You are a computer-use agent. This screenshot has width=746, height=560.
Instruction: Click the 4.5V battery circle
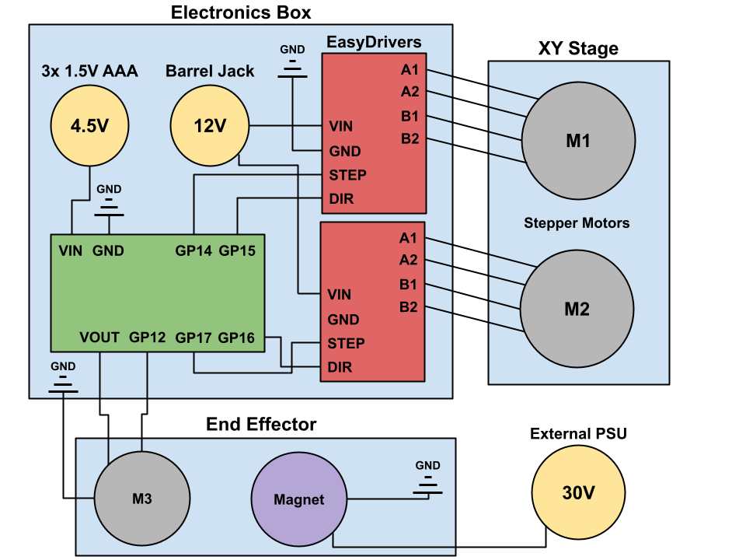pos(89,125)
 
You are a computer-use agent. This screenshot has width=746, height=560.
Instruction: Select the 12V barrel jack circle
pos(210,125)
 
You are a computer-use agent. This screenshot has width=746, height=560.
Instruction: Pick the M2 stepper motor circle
pos(576,309)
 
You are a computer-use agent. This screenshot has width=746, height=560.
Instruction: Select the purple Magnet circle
pos(299,499)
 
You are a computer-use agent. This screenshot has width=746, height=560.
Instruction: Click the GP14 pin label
pos(193,250)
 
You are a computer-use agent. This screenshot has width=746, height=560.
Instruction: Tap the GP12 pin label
pos(148,338)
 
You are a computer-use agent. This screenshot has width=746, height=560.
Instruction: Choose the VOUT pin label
pos(99,338)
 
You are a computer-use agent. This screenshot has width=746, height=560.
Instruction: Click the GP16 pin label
pos(237,338)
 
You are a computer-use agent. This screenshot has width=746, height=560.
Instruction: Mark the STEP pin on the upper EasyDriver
pos(347,175)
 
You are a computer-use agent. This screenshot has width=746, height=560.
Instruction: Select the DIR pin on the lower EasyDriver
pos(340,367)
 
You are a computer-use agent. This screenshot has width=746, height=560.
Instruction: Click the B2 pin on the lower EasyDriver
pos(409,307)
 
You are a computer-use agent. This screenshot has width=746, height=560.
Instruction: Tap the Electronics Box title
pos(241,12)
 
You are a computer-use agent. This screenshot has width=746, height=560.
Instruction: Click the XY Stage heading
pos(578,49)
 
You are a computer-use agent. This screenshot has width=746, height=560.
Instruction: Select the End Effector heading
pos(261,424)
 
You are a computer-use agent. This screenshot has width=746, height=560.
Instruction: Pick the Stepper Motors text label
pos(577,223)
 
